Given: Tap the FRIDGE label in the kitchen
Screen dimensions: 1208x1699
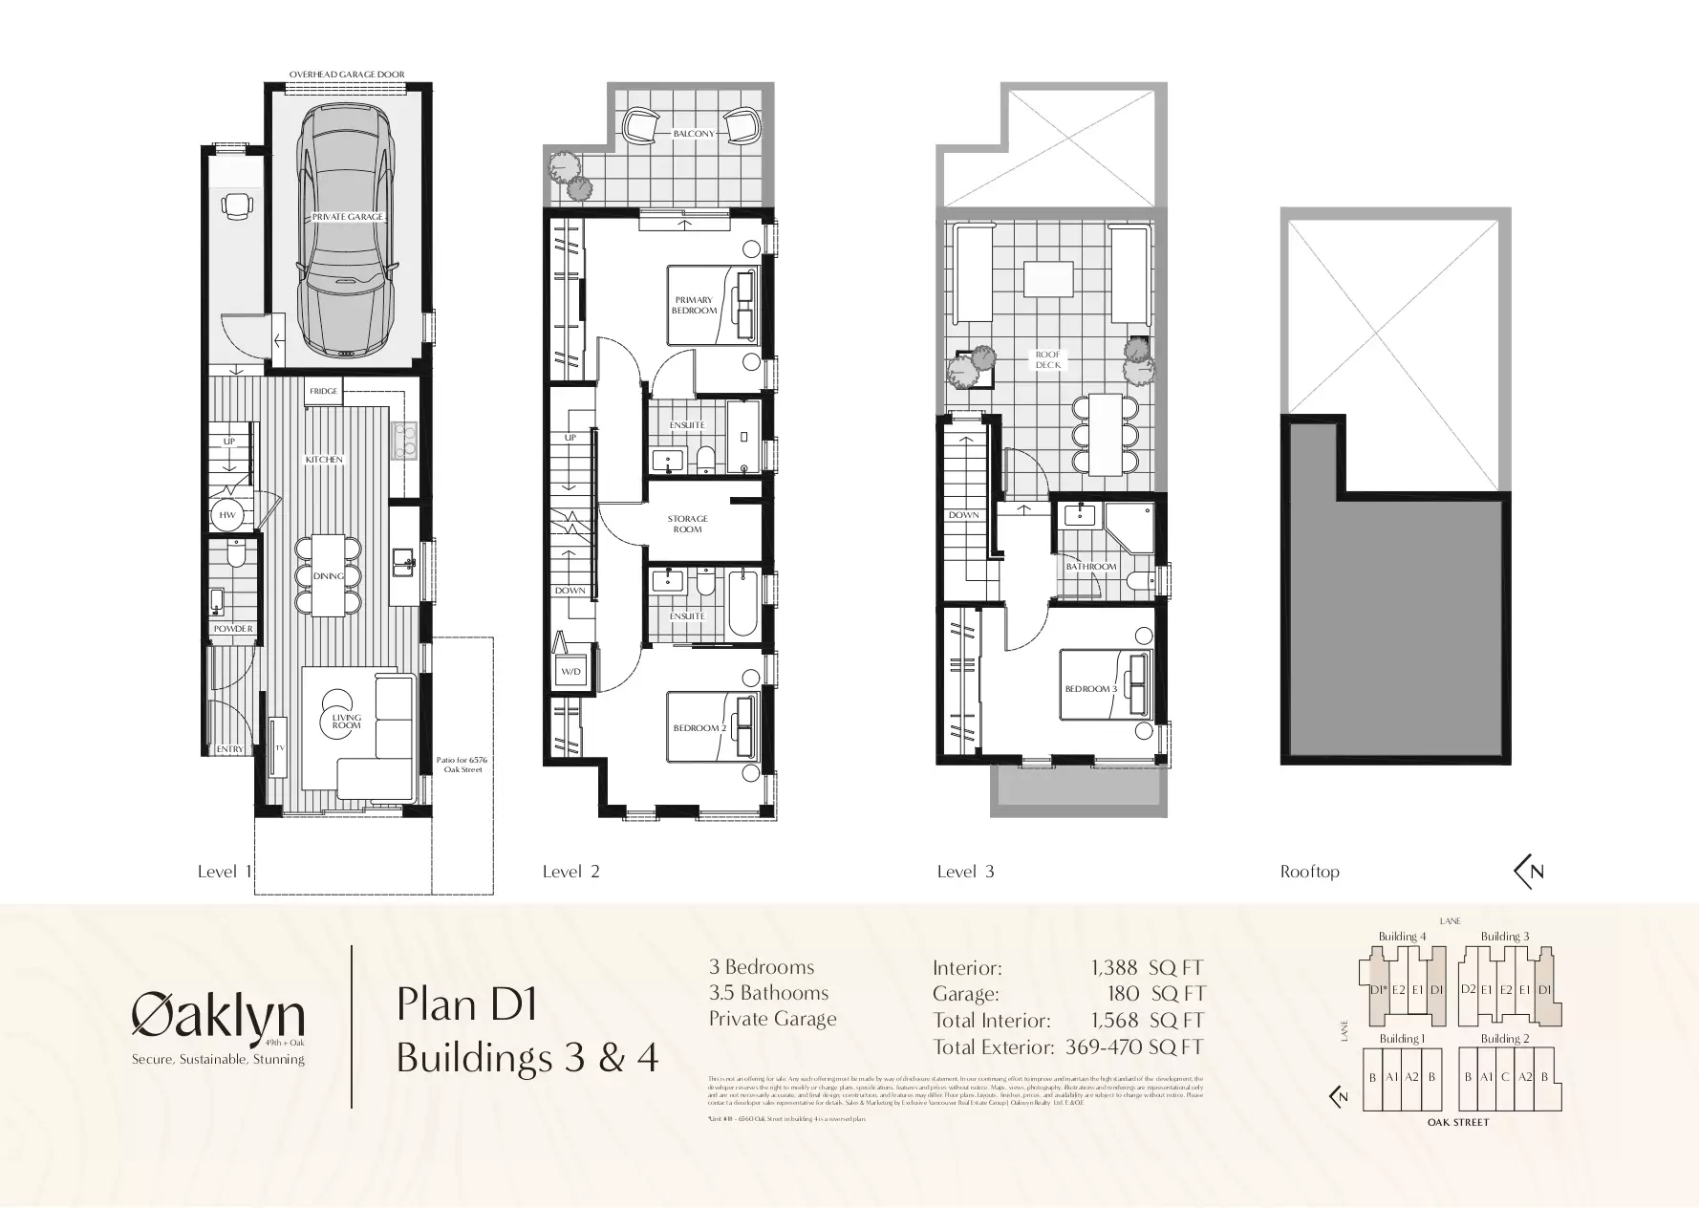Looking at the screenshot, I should (322, 391).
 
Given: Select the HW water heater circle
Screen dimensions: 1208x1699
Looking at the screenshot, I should (227, 515).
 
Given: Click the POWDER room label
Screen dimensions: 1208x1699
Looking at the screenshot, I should (233, 629).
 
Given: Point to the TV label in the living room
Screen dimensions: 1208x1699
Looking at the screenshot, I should (281, 747).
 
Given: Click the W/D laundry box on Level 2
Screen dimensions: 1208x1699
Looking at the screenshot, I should (570, 672).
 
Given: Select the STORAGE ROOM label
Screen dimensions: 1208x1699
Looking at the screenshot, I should (687, 524).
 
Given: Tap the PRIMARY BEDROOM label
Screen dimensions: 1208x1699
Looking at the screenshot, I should (694, 305).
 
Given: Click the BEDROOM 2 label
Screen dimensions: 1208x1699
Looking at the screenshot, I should (699, 728).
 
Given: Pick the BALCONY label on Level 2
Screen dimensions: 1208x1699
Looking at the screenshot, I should (693, 134).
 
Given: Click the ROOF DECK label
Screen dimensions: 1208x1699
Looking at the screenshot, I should (1047, 359).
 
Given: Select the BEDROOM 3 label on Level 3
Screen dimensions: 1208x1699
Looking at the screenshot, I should (1090, 689).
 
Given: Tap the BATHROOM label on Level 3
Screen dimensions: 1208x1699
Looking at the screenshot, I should (1091, 567).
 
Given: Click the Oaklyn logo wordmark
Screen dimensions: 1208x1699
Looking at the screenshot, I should (218, 1015).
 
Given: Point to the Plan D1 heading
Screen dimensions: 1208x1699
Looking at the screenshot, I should (467, 1004).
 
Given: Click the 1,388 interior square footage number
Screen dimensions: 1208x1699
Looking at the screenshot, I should (1114, 968).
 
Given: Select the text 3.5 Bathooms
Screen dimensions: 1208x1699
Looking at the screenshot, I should (768, 993).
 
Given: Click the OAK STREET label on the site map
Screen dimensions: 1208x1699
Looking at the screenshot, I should (1457, 1122).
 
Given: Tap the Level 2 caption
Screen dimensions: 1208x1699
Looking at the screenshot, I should (570, 872).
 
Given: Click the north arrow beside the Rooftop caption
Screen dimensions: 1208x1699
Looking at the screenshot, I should (1529, 871).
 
